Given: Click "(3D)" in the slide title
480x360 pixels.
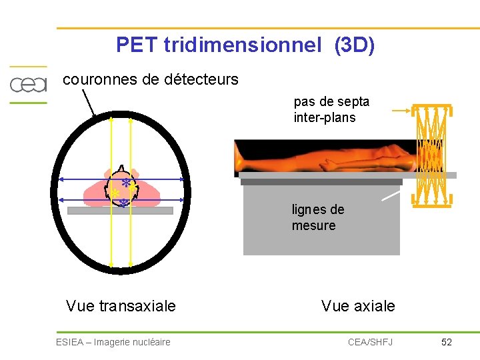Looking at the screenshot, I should (x=355, y=45).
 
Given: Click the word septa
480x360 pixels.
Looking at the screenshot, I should (x=353, y=102).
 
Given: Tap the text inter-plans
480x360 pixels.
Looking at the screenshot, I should (x=324, y=118).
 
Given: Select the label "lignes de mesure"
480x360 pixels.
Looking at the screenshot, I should (x=317, y=217).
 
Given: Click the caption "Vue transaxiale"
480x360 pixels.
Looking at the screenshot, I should (x=121, y=306).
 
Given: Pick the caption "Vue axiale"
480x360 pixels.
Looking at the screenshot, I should (x=358, y=306).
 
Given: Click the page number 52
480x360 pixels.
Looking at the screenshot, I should (x=447, y=342).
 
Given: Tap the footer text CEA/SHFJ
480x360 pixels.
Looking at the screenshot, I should (x=370, y=342).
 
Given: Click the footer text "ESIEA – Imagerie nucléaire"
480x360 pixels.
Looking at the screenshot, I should (x=113, y=342).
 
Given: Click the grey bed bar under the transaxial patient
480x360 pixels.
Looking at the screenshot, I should (x=120, y=211).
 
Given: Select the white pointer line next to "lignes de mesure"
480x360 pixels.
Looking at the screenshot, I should (x=391, y=196).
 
